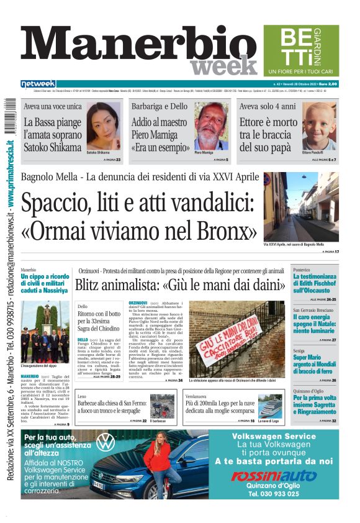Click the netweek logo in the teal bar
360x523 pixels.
[38, 83]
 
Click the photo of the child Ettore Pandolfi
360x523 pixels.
[319, 126]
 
